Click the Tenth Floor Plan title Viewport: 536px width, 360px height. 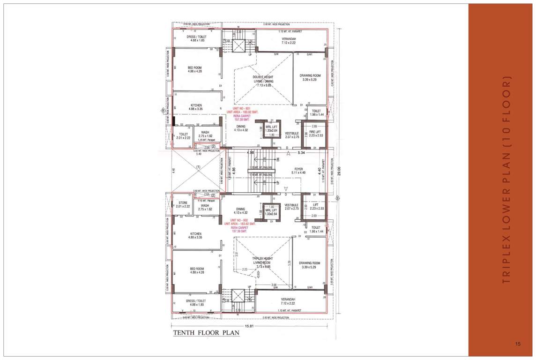coord(206,333)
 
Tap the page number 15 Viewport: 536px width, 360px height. coord(518,345)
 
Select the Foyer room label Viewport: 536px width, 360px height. coord(298,169)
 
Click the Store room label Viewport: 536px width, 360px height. coord(183,202)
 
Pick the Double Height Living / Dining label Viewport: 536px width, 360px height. coord(263,79)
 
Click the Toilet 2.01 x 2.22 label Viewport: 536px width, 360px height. coord(183,136)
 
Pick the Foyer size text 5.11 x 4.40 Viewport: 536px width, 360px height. coord(298,172)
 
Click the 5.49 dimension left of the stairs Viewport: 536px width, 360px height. coord(199,154)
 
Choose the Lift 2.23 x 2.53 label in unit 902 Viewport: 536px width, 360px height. coord(314,207)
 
